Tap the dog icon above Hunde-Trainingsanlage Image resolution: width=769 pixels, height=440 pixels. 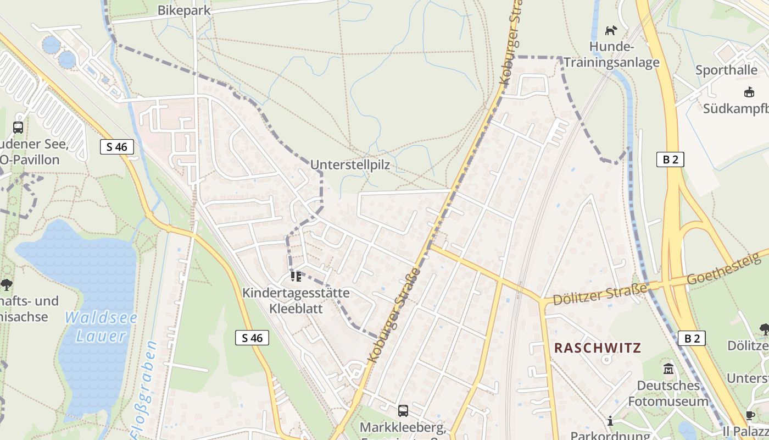(611, 30)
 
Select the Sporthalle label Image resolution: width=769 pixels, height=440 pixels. (726, 70)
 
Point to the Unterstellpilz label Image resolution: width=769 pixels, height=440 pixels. (350, 165)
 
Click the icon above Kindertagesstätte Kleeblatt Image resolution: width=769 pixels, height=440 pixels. (296, 276)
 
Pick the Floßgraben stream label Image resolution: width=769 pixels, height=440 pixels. (143, 391)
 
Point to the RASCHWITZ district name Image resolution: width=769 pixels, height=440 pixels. (598, 348)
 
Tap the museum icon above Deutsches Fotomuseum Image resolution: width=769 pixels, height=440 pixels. (668, 369)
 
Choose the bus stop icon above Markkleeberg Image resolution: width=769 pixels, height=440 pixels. (403, 410)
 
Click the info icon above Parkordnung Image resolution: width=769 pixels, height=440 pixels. (610, 421)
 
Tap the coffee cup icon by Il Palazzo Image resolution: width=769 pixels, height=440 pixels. (750, 416)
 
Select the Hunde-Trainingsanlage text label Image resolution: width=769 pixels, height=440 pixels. (625, 54)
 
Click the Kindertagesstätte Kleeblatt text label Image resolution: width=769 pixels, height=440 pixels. (296, 300)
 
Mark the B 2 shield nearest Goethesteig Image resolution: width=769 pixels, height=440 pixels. (692, 338)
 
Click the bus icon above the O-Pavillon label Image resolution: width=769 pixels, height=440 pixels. (18, 128)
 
